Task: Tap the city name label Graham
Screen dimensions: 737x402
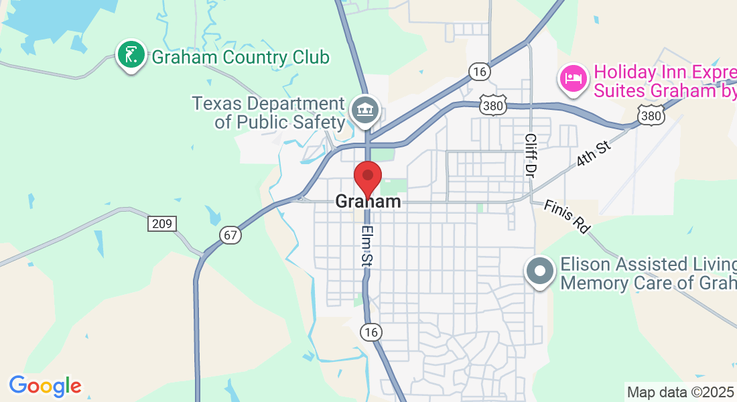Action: (368, 201)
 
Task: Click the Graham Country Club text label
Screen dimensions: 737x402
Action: (241, 58)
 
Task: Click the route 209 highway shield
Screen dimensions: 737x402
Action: (162, 224)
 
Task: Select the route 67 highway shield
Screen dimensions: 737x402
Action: (230, 235)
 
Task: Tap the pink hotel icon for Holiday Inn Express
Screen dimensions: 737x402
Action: (574, 78)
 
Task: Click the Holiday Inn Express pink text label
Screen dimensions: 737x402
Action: (664, 80)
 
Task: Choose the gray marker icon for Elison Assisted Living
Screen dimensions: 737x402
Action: (541, 271)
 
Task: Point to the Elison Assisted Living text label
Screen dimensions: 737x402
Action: (647, 273)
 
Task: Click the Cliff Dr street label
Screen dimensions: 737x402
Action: (531, 155)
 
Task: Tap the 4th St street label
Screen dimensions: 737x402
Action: (594, 155)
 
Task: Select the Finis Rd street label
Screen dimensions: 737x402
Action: (567, 216)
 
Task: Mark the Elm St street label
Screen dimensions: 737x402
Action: (366, 246)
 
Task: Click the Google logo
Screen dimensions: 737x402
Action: (45, 386)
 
